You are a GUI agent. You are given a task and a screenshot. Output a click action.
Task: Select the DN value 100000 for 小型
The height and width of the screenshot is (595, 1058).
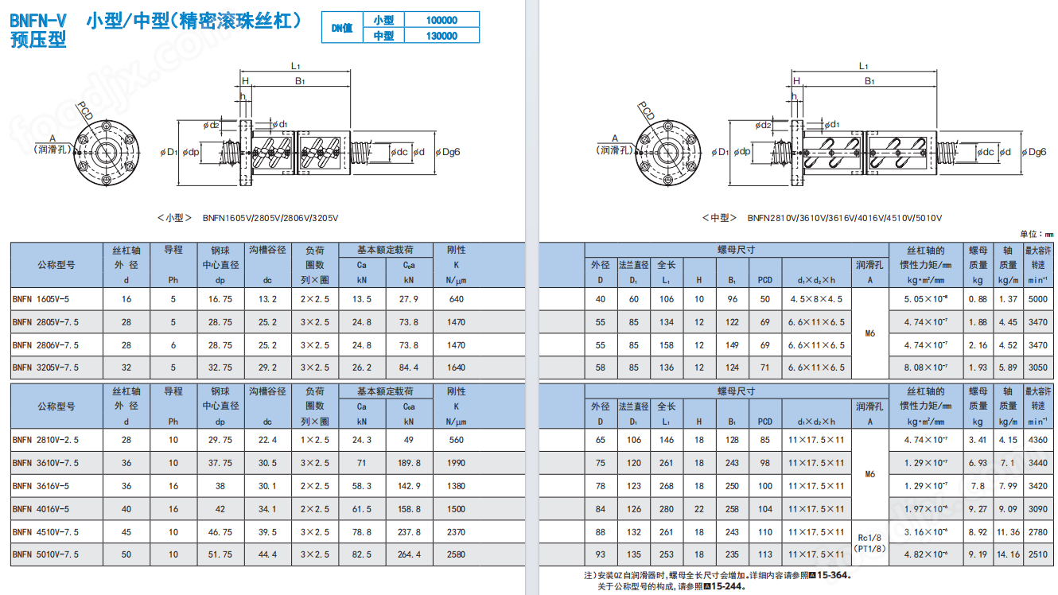coord(441,20)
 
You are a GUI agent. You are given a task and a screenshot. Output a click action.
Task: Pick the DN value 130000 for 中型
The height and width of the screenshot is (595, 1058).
coord(441,36)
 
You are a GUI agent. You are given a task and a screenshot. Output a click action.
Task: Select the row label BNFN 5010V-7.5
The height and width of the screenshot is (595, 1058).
coord(45,554)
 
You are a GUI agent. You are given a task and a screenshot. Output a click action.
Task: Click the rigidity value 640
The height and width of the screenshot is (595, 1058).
coord(456,299)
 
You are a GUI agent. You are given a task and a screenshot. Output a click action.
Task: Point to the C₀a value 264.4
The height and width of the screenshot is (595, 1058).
coord(408,554)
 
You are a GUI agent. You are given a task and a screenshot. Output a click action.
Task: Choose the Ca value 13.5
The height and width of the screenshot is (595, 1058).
coord(361,299)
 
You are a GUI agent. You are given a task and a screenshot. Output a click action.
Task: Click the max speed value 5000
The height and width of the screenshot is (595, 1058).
coord(1037,299)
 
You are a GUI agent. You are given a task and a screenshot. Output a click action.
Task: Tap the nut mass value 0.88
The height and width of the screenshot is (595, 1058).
coord(978,299)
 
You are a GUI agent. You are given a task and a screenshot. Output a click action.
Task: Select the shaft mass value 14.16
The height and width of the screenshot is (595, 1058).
coord(1008,554)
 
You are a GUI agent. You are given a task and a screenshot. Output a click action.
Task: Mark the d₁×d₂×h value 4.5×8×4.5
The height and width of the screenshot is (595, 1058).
coord(816,299)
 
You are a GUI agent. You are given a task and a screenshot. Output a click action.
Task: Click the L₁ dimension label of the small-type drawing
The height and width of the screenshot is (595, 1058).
coord(295,66)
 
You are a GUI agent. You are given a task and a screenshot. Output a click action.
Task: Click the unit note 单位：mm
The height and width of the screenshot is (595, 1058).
coord(1036,234)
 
